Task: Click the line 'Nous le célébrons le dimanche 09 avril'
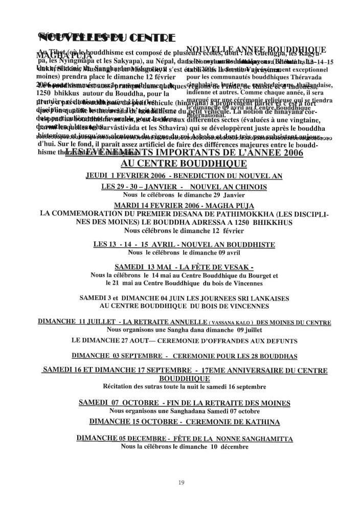(x=184, y=252)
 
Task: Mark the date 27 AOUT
(x=134, y=339)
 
